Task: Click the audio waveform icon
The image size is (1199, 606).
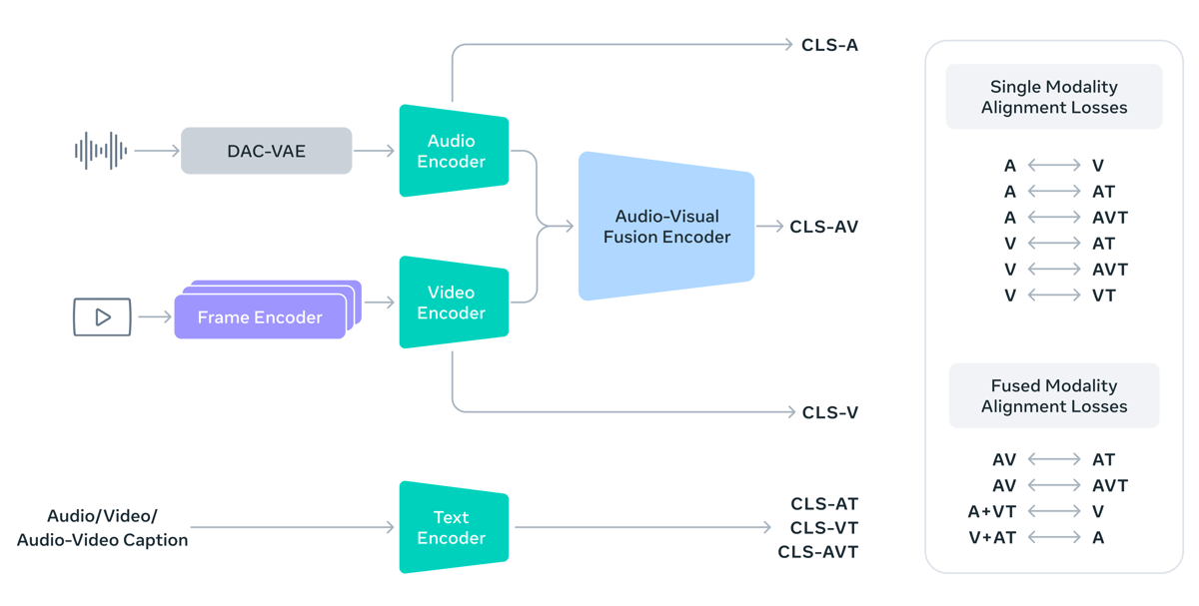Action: pyautogui.click(x=101, y=151)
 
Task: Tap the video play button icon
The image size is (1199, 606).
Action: pyautogui.click(x=102, y=316)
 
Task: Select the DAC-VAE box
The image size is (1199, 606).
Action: pyautogui.click(x=266, y=151)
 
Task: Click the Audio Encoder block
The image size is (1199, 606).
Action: pyautogui.click(x=454, y=151)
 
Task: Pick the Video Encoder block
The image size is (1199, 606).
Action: pyautogui.click(x=454, y=303)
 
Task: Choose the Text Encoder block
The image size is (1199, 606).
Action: pyautogui.click(x=454, y=527)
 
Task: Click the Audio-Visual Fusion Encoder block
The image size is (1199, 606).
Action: pyautogui.click(x=666, y=227)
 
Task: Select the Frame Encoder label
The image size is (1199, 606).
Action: pyautogui.click(x=260, y=317)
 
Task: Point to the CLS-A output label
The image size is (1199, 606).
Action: pyautogui.click(x=829, y=45)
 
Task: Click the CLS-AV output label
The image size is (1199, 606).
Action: pyautogui.click(x=823, y=227)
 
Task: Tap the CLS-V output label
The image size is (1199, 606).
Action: pyautogui.click(x=829, y=412)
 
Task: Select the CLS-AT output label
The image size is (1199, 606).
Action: pyautogui.click(x=823, y=504)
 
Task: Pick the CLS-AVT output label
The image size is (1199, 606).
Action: pyautogui.click(x=817, y=552)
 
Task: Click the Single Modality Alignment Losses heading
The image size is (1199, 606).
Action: pyautogui.click(x=1053, y=97)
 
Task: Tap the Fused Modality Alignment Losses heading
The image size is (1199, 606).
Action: pyautogui.click(x=1053, y=396)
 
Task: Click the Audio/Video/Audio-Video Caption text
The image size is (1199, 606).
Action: pyautogui.click(x=102, y=528)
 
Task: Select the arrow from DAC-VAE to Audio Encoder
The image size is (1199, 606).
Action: pyautogui.click(x=375, y=151)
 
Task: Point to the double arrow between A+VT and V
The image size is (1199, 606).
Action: pyautogui.click(x=1054, y=511)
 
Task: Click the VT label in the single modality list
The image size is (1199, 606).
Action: pyautogui.click(x=1103, y=296)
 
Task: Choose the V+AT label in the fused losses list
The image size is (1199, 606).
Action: pyautogui.click(x=992, y=537)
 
